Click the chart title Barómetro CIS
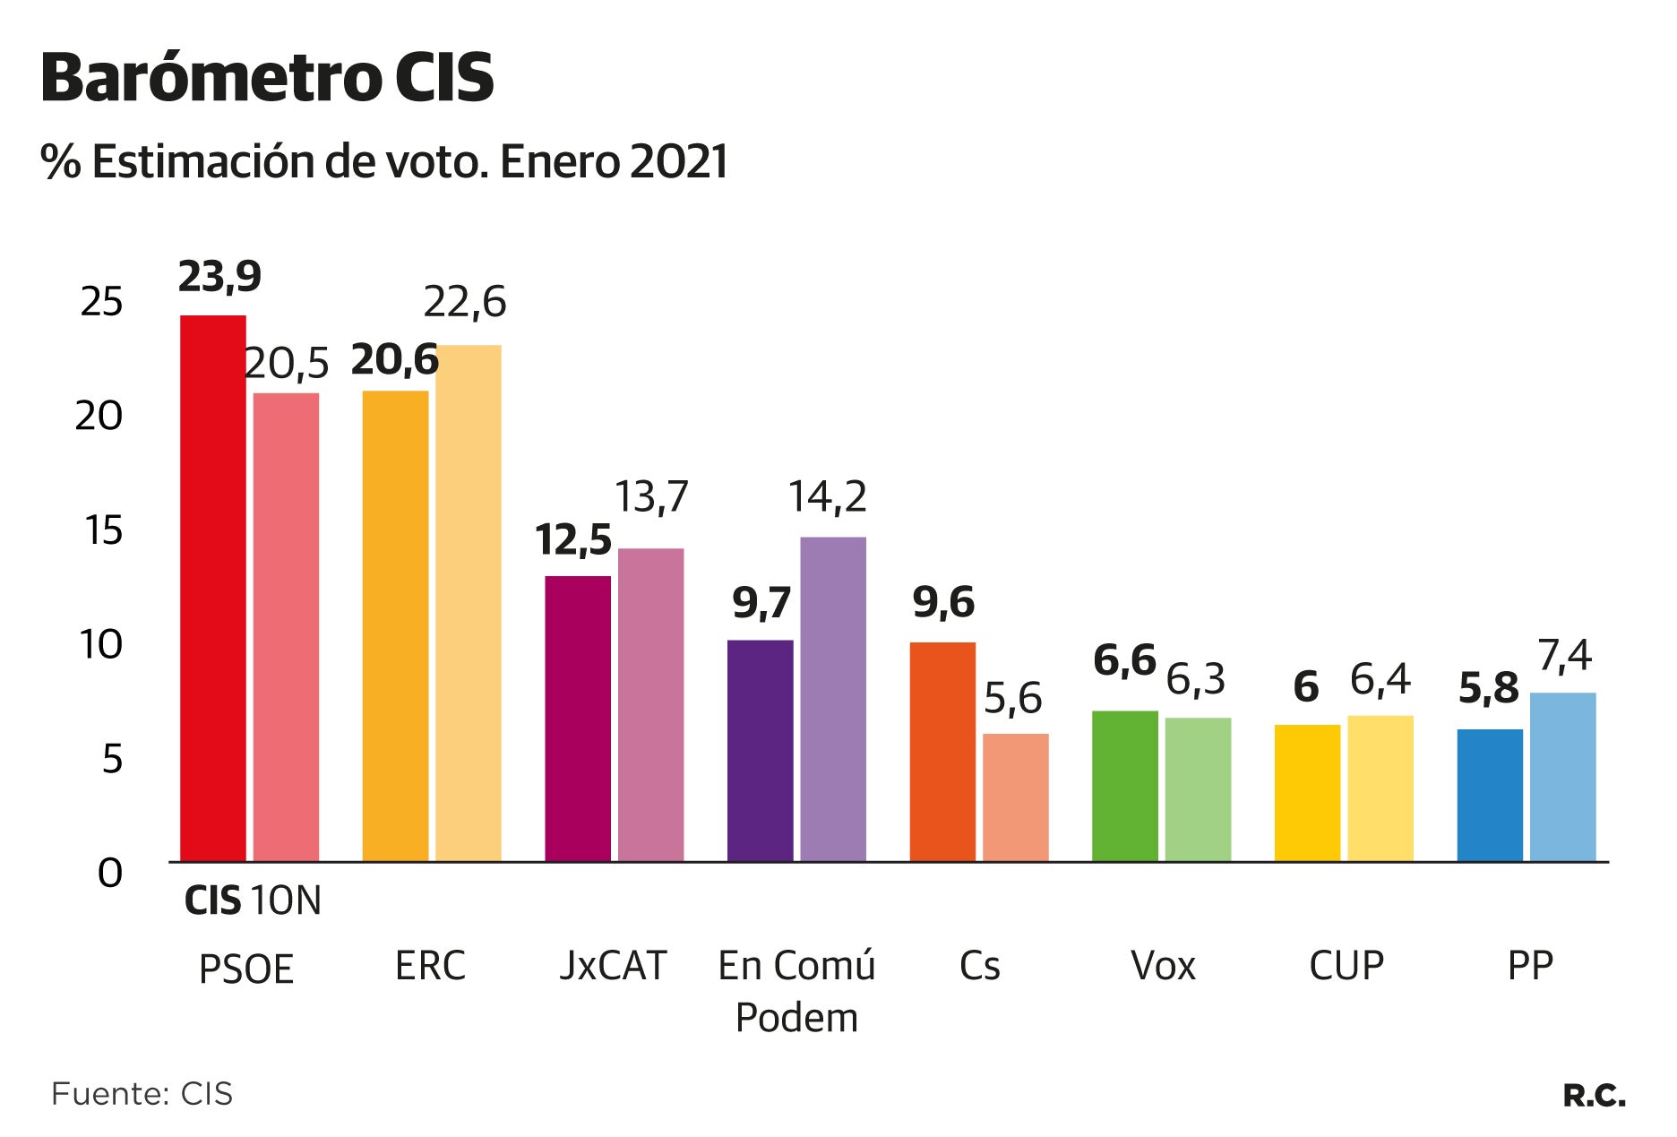(x=267, y=78)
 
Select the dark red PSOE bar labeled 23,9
(x=213, y=588)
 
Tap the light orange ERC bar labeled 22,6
(x=469, y=603)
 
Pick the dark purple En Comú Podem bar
(x=760, y=751)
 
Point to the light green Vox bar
(x=1198, y=789)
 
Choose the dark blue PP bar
(x=1489, y=796)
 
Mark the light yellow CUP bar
(x=1380, y=788)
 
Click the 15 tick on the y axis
(x=103, y=530)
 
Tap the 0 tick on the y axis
(x=109, y=873)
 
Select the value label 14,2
(x=827, y=497)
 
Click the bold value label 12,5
(x=573, y=541)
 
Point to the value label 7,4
(x=1564, y=657)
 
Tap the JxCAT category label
(x=613, y=966)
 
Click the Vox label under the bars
(x=1163, y=966)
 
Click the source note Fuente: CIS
(x=142, y=1094)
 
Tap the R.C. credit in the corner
(x=1594, y=1095)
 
